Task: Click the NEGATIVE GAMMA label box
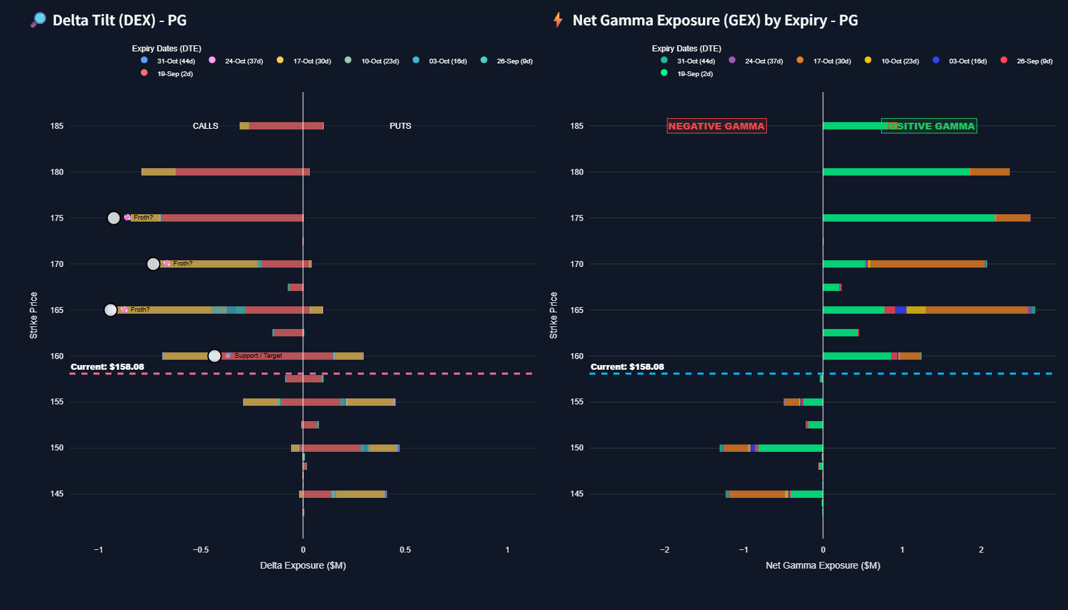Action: (716, 126)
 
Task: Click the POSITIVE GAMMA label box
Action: (928, 126)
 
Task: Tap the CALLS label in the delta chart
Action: (206, 126)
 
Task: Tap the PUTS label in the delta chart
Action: (400, 126)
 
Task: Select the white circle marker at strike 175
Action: (113, 218)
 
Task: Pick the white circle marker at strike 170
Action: (153, 264)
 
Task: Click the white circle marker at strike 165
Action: (111, 310)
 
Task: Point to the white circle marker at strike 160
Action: (214, 356)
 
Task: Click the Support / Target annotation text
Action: (258, 356)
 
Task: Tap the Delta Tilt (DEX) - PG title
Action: (119, 21)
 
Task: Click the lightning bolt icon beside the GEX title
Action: (558, 20)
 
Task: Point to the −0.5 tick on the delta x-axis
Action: (201, 550)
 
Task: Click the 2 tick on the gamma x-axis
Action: (981, 550)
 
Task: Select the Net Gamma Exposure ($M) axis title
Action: (823, 565)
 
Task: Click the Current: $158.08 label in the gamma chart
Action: (627, 367)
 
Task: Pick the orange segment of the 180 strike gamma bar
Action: (989, 172)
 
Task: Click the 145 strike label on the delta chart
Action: (57, 494)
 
